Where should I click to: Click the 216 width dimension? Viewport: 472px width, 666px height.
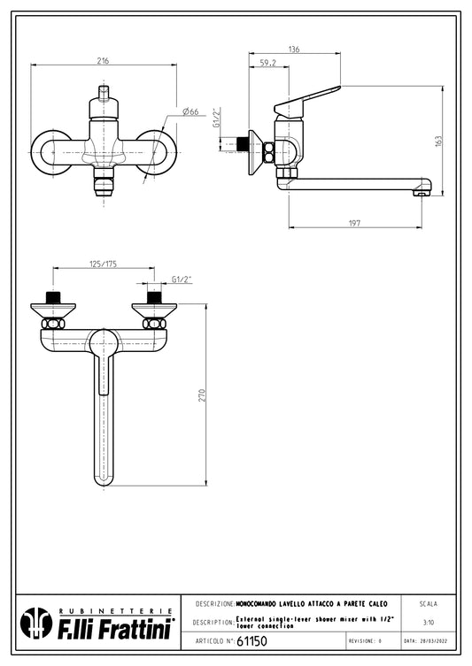pos(103,61)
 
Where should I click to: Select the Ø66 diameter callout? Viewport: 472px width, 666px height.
pos(190,111)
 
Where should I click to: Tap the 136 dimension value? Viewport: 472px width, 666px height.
pos(294,50)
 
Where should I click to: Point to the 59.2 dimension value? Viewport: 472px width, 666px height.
pos(268,63)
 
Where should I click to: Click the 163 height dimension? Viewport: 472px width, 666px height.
pos(438,142)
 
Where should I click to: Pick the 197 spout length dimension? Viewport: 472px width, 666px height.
pos(354,223)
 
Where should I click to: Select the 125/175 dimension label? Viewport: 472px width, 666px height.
pos(103,264)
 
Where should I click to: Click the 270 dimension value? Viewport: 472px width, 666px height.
pos(202,395)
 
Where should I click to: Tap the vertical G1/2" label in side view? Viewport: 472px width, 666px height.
pos(216,118)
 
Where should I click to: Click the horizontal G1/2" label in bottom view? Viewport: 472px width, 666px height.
pos(182,279)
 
